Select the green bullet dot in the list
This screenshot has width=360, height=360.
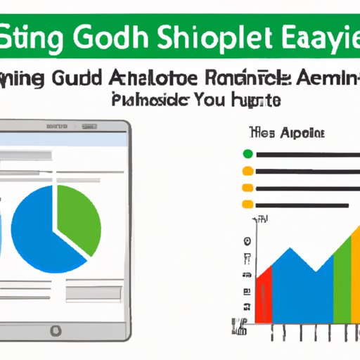(247, 154)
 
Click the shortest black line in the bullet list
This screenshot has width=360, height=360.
(296, 205)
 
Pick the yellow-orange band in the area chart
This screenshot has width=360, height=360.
(352, 274)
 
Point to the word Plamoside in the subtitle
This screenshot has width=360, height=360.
(148, 101)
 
